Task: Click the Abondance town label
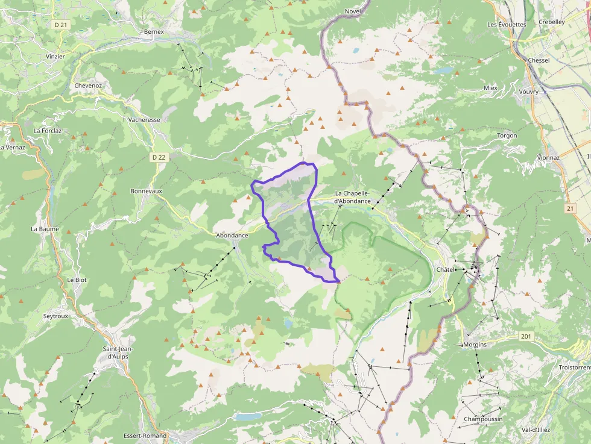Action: tap(232, 235)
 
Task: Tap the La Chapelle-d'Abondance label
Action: tap(361, 197)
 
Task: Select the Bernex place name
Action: tap(154, 31)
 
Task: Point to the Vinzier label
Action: tap(55, 56)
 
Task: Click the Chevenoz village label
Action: tap(88, 86)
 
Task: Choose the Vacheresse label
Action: tap(144, 119)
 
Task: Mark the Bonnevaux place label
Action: tap(146, 191)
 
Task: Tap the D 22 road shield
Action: tap(157, 157)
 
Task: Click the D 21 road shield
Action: tap(61, 25)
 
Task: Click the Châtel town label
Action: tap(444, 269)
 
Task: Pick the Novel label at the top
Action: tap(353, 11)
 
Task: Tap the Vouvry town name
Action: tap(528, 92)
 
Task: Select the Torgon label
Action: tap(507, 136)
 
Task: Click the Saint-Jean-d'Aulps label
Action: tap(117, 352)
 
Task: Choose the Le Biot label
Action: tap(77, 280)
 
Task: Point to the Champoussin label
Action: tap(483, 419)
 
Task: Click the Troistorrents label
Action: tap(575, 367)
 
